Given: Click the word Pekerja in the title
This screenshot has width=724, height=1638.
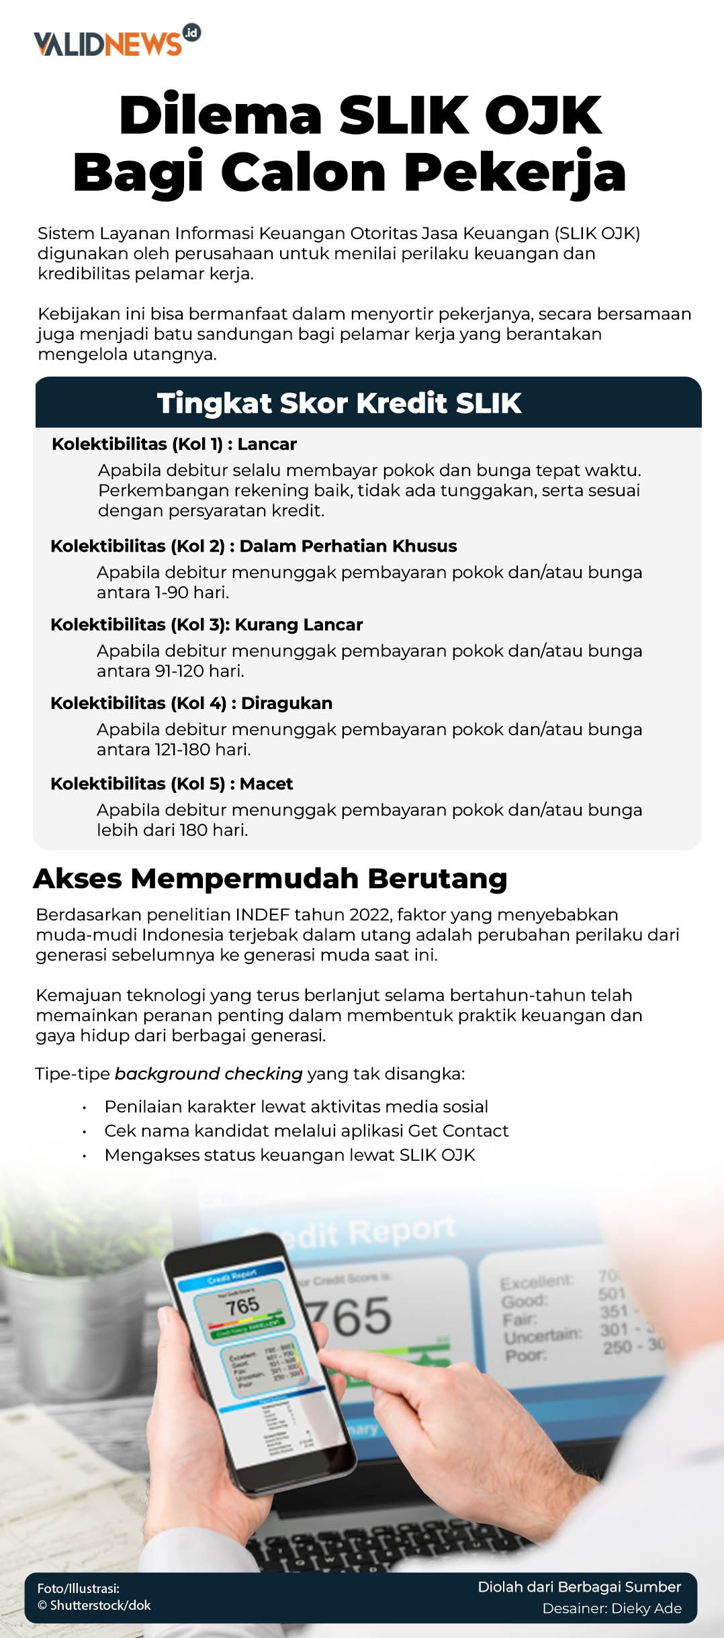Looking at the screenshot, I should pos(514,173).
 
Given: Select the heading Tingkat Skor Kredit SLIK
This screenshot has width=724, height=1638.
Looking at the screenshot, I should pos(339,403).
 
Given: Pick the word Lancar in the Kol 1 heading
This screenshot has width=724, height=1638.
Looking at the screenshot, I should pos(267,444).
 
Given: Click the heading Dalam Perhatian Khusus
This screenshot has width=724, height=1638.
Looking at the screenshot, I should pos(348,546).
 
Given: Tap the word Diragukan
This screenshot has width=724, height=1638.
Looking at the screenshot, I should pos(287,704).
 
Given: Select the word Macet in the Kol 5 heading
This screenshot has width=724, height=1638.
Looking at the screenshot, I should pos(266,784).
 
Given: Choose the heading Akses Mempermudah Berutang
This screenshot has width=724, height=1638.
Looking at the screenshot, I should pos(270,879).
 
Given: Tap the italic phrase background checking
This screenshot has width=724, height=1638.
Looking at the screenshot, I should pos(208,1074).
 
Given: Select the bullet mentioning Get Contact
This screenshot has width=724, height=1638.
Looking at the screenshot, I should pos(306,1131).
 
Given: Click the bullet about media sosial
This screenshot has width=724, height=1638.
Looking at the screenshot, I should pos(296,1107).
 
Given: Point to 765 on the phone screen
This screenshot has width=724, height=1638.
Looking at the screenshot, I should pos(242,1306).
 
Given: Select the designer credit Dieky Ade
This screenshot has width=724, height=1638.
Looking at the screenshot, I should pos(611,1608).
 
